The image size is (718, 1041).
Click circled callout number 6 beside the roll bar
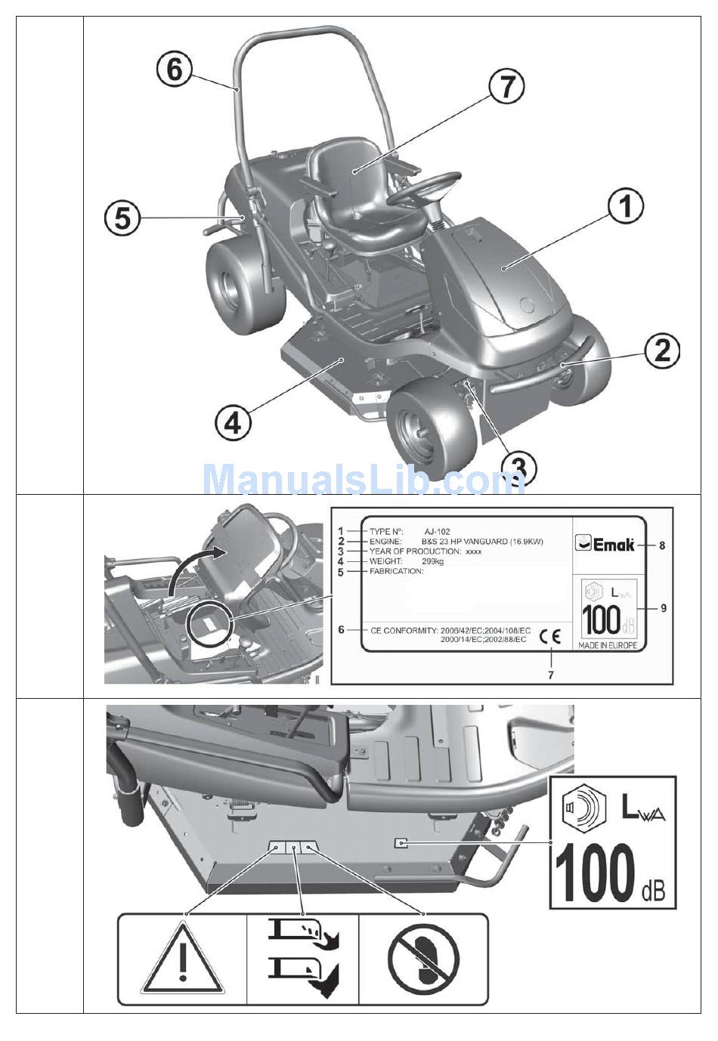tap(174, 70)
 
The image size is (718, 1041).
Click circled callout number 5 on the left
tap(122, 219)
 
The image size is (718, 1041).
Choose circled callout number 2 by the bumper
tap(662, 351)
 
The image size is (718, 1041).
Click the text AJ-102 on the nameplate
tap(438, 532)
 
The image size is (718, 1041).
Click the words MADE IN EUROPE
tap(607, 646)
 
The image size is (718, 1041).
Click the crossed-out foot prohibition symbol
tap(423, 960)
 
